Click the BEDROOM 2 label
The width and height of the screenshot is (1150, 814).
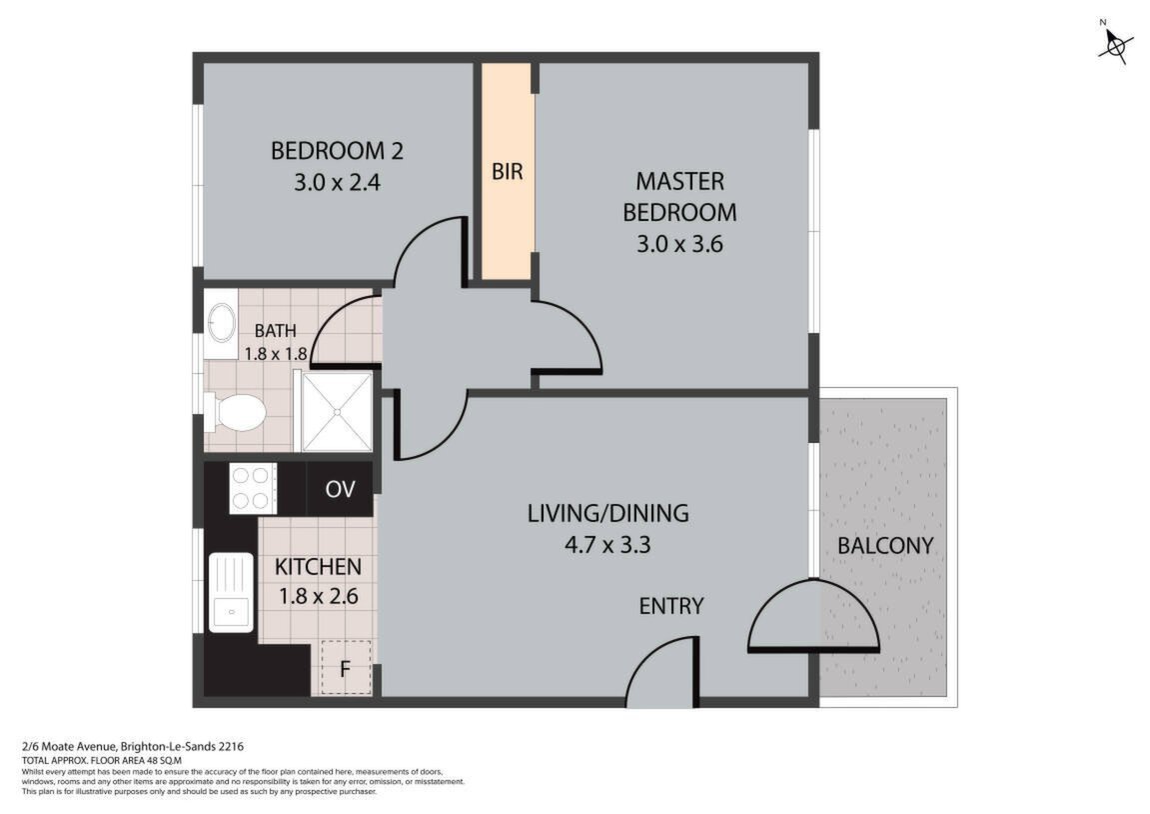click(337, 151)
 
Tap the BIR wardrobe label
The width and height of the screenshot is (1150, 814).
click(507, 172)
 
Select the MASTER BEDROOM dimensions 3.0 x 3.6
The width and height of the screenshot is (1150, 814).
click(679, 243)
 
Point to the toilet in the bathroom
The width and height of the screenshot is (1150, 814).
click(234, 413)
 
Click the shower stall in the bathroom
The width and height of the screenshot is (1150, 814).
click(337, 411)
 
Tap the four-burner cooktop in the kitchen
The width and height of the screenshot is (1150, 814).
click(253, 488)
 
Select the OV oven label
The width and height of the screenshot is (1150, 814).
click(341, 489)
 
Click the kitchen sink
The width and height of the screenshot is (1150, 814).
click(231, 592)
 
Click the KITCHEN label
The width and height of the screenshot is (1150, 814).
click(319, 567)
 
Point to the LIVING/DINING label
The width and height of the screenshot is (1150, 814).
click(608, 513)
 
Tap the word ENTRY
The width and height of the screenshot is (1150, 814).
click(671, 606)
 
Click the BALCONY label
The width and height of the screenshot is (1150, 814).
click(885, 545)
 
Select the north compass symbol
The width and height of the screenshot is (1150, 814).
click(1115, 44)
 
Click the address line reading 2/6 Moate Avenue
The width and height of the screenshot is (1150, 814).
click(133, 747)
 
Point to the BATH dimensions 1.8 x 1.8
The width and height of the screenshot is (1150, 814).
click(275, 354)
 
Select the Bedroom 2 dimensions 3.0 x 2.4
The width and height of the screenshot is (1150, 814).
click(338, 182)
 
